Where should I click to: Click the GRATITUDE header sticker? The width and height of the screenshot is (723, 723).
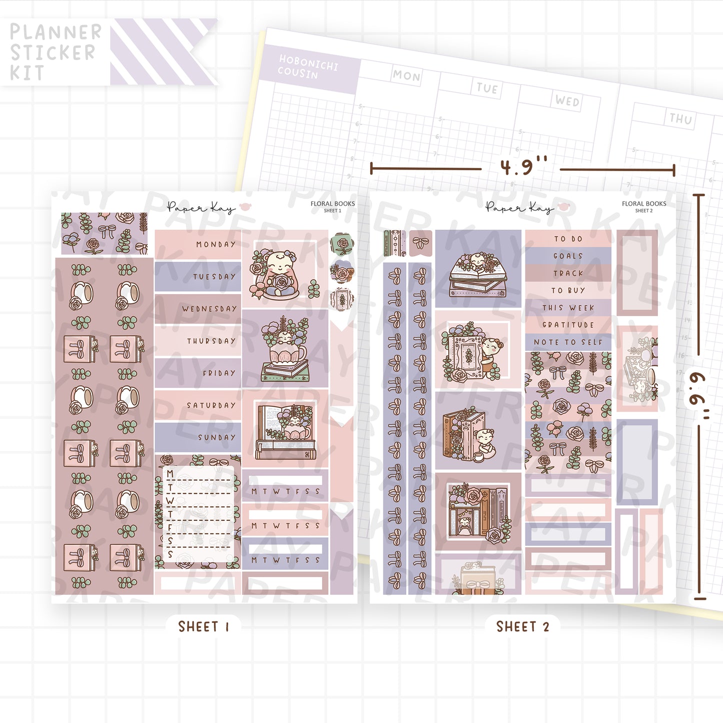[568, 325]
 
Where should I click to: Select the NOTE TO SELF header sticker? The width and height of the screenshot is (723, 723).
[568, 342]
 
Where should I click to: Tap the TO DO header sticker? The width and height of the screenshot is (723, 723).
[568, 239]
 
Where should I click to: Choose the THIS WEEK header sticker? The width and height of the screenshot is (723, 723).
[568, 308]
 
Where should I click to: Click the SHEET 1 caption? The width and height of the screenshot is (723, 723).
[204, 626]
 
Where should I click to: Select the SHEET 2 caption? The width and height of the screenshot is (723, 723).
[522, 626]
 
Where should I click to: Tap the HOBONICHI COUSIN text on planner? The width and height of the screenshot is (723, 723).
[308, 67]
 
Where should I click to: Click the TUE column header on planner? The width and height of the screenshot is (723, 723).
[487, 89]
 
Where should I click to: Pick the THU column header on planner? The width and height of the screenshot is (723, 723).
[680, 119]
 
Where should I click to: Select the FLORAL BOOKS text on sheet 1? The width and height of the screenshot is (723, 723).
[332, 204]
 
